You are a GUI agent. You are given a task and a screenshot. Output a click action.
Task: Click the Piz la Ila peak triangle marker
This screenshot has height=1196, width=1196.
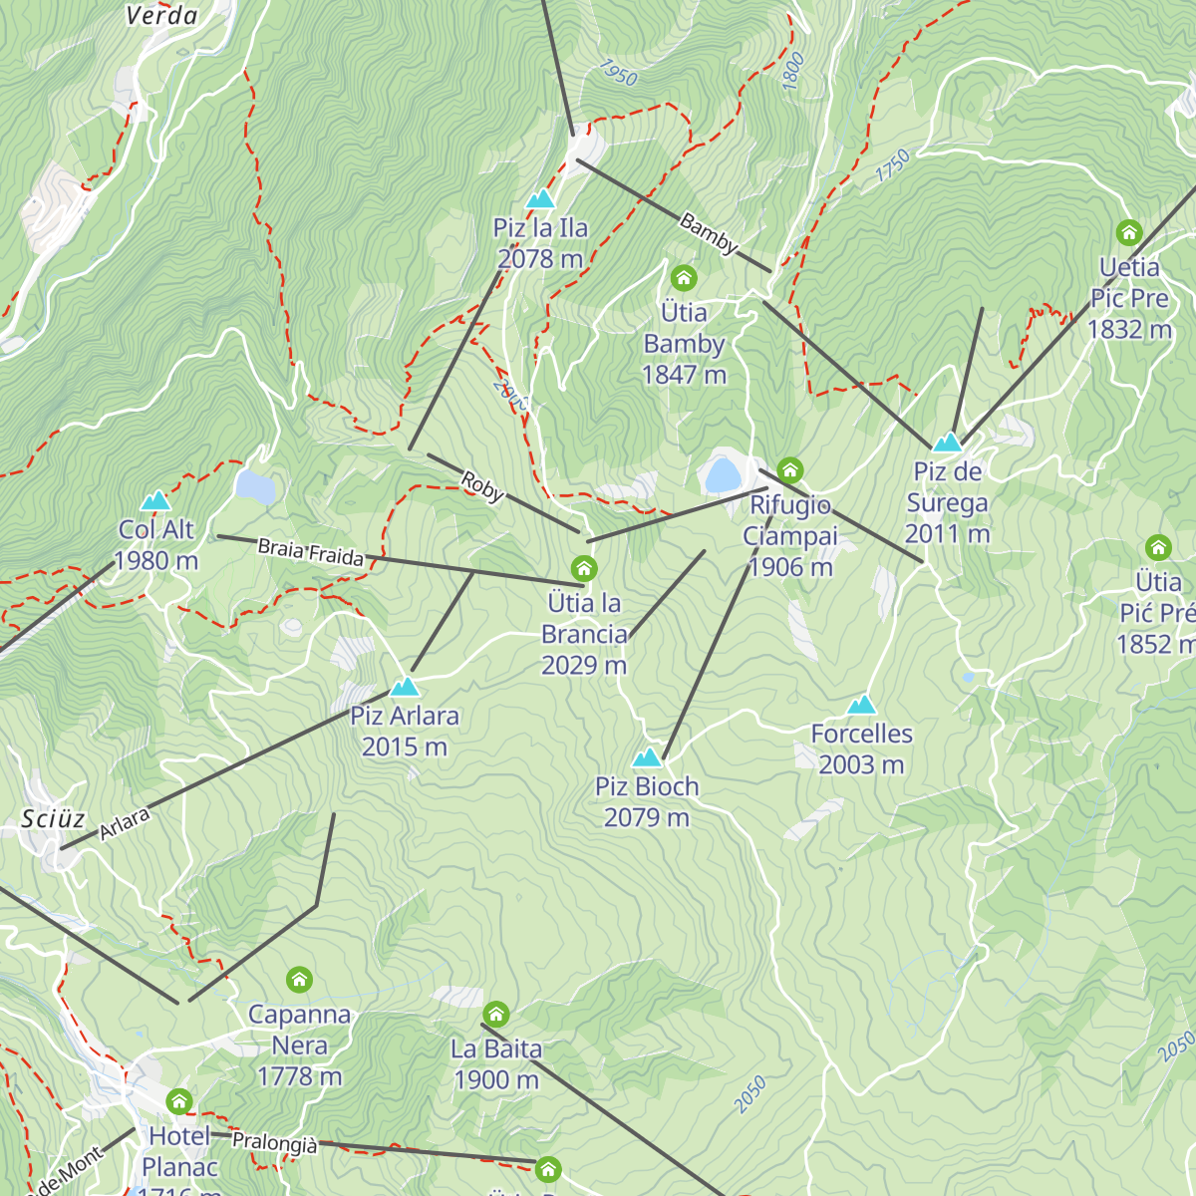(540, 199)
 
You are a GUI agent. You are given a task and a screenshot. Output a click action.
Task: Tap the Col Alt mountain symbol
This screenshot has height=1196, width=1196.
(155, 500)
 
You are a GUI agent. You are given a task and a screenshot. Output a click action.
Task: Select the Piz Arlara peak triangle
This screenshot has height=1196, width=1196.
(404, 687)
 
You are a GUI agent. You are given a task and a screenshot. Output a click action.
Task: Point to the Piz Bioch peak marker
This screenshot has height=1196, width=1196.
(647, 757)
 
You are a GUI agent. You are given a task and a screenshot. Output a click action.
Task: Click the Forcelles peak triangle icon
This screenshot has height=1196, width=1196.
(861, 706)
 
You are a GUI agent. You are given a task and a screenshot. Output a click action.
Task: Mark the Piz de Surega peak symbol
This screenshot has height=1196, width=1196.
(946, 442)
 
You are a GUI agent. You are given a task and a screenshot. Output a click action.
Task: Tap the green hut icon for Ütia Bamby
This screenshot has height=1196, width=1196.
(684, 277)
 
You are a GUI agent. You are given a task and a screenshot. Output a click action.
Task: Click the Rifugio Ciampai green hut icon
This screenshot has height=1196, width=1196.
(790, 469)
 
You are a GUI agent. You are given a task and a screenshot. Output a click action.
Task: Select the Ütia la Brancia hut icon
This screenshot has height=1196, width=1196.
(584, 568)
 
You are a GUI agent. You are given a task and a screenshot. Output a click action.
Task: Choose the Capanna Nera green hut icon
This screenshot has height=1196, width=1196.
(299, 980)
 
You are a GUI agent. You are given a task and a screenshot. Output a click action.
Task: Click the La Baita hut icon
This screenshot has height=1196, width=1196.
(496, 1015)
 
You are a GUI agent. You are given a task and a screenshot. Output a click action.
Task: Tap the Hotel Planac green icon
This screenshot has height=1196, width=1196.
(179, 1101)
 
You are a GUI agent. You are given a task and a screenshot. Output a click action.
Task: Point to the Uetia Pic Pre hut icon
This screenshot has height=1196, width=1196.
(1128, 233)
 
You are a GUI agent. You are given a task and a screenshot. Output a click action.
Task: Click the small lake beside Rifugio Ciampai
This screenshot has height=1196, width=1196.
(722, 474)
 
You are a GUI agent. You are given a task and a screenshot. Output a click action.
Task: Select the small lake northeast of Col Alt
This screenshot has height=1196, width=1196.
(255, 486)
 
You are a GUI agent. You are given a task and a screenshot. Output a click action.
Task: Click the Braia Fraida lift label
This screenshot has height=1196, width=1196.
(310, 552)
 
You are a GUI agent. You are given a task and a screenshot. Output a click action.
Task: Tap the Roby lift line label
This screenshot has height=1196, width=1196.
(482, 487)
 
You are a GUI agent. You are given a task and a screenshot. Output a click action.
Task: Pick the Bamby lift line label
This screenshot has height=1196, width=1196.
(709, 233)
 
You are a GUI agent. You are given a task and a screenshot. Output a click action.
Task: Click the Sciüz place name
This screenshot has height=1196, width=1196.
(53, 819)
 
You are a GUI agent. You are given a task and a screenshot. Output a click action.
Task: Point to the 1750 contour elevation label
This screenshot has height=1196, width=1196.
(893, 165)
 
